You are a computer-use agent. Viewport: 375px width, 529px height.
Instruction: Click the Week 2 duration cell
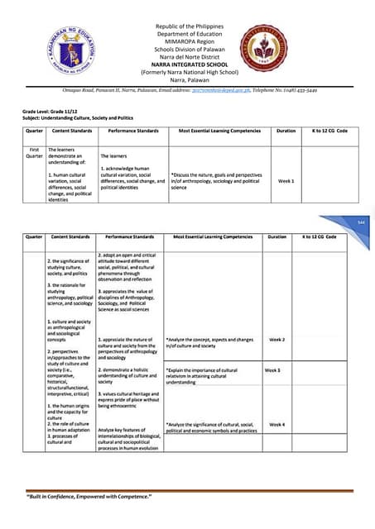[x=277, y=340]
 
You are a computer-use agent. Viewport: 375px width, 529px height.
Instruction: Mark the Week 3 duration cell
[x=272, y=369]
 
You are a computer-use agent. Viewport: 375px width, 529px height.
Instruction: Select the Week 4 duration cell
[x=277, y=424]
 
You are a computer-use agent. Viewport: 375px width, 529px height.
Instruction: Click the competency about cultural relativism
[x=204, y=376]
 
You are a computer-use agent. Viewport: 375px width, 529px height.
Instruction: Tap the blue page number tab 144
[x=361, y=223]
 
